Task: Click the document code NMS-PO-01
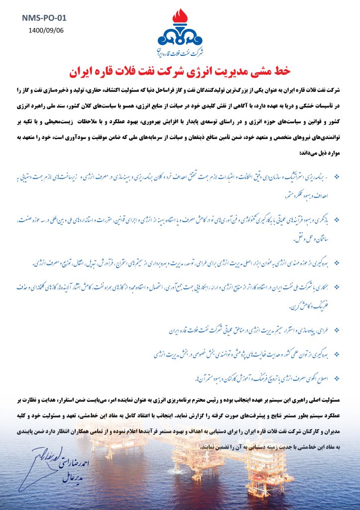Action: coord(44,18)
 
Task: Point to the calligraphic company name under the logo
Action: coord(180,52)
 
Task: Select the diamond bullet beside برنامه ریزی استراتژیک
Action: coord(336,176)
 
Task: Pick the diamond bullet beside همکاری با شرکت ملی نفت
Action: coord(336,286)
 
